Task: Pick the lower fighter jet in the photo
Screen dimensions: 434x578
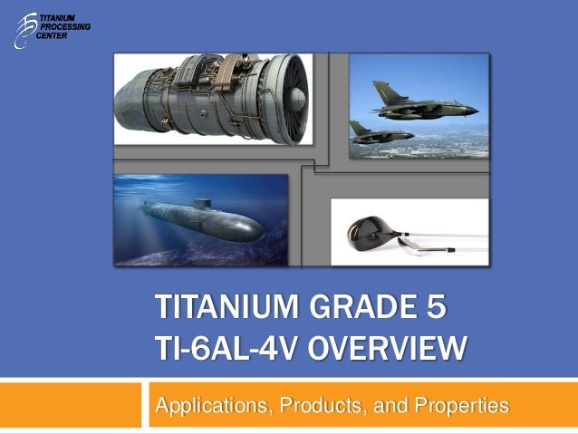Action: coord(381,134)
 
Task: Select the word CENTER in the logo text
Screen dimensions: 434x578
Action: coord(59,37)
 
